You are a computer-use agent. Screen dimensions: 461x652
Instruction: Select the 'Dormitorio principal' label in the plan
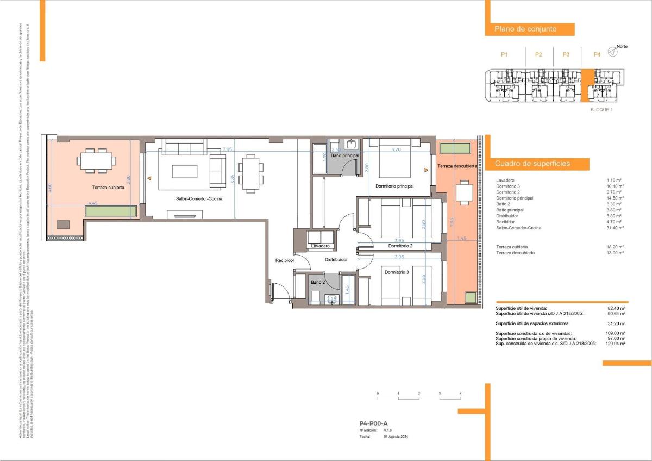click(394, 186)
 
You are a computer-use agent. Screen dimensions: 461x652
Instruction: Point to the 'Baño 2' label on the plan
click(318, 282)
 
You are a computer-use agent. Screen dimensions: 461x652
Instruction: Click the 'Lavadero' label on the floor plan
click(321, 246)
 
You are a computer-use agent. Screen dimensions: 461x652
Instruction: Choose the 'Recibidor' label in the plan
click(284, 261)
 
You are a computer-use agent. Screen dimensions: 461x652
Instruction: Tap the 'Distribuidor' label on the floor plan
click(336, 260)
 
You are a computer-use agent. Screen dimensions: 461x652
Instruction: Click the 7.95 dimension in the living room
click(228, 149)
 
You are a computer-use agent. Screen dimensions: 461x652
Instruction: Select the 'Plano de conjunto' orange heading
click(525, 29)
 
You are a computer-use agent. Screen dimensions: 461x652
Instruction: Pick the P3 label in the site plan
click(566, 54)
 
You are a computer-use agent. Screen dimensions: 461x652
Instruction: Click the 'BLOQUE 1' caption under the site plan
click(601, 110)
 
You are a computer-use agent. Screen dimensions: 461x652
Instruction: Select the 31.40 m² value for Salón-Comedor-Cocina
click(615, 228)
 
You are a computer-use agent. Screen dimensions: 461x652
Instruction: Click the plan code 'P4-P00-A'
click(373, 423)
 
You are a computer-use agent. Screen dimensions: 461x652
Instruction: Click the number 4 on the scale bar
click(460, 393)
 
